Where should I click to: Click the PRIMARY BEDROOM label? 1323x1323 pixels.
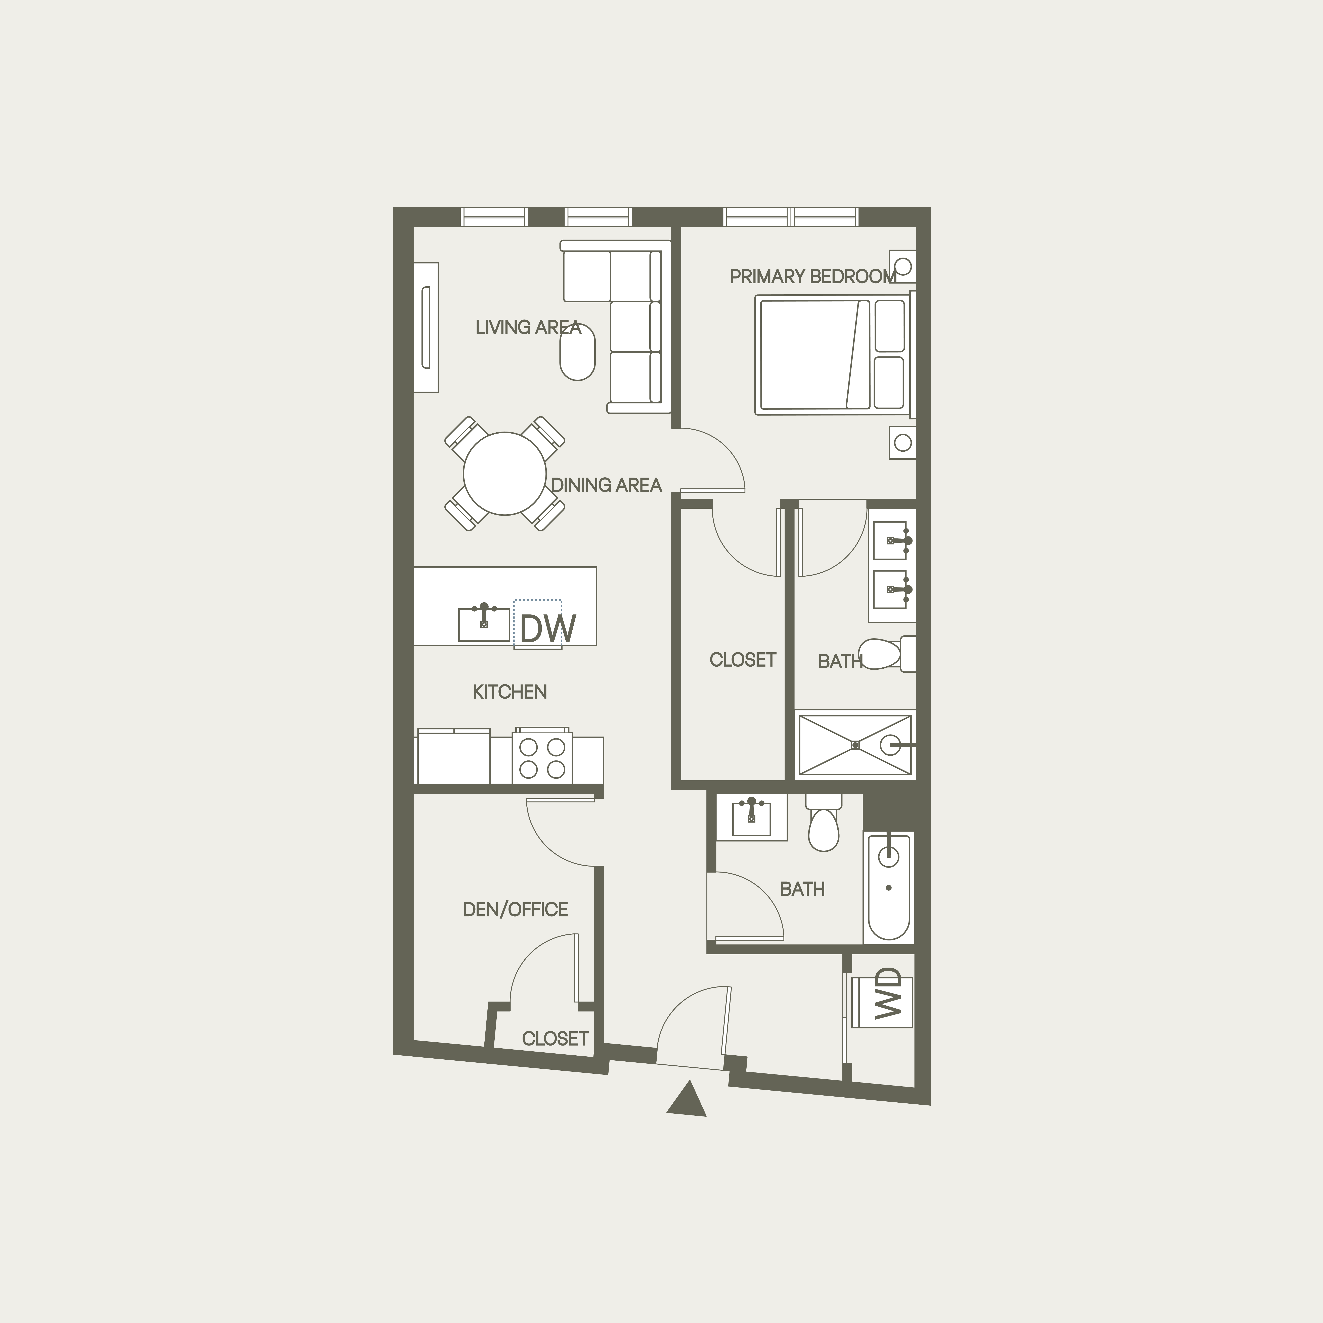click(813, 277)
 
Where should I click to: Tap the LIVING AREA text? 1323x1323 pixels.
click(528, 327)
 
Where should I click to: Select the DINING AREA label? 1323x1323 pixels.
click(606, 485)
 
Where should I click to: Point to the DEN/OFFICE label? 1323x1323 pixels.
click(515, 909)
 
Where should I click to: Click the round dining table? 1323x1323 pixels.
click(505, 474)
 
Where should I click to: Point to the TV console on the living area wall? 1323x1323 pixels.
click(426, 327)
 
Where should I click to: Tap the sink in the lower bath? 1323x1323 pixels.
click(751, 816)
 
